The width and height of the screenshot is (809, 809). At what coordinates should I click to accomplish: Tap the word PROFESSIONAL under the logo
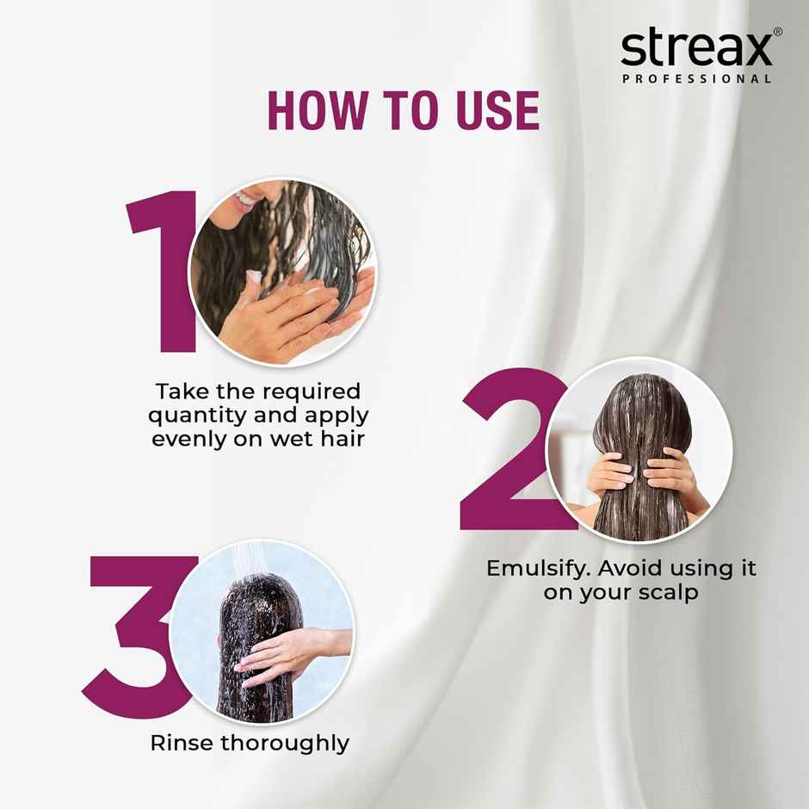click(696, 79)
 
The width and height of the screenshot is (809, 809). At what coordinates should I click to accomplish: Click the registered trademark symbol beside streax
click(778, 32)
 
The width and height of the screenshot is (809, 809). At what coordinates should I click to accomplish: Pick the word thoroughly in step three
click(285, 743)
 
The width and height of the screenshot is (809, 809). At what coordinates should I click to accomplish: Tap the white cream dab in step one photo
click(253, 278)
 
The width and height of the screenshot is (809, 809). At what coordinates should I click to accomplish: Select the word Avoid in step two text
click(636, 569)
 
